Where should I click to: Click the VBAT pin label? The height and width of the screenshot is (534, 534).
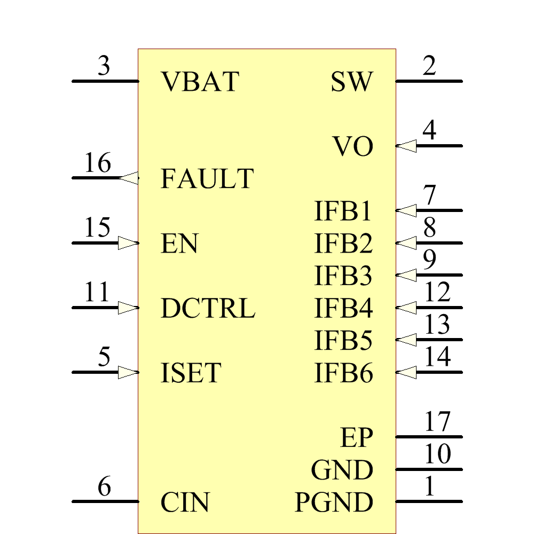pyautogui.click(x=200, y=82)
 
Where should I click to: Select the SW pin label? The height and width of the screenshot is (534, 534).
pyautogui.click(x=351, y=82)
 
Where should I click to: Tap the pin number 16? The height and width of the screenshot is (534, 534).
pyautogui.click(x=98, y=163)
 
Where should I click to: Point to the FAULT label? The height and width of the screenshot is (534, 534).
pyautogui.click(x=207, y=179)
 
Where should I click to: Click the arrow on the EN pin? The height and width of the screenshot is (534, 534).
pyautogui.click(x=128, y=243)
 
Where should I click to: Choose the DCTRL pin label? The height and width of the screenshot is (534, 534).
pyautogui.click(x=208, y=309)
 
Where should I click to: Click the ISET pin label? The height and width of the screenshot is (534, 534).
pyautogui.click(x=191, y=373)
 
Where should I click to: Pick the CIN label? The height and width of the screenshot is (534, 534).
pyautogui.click(x=185, y=502)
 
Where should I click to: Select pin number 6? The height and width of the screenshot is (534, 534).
pyautogui.click(x=104, y=487)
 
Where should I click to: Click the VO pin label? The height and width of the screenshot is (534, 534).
pyautogui.click(x=353, y=147)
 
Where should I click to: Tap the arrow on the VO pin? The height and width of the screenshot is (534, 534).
pyautogui.click(x=406, y=146)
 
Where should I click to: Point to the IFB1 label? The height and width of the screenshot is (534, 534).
pyautogui.click(x=343, y=211)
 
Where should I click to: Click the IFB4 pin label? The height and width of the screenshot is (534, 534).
pyautogui.click(x=343, y=309)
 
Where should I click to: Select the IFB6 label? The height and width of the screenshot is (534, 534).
pyautogui.click(x=343, y=373)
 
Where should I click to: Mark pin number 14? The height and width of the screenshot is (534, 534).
pyautogui.click(x=437, y=357)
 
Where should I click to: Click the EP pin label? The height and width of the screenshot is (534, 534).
pyautogui.click(x=357, y=438)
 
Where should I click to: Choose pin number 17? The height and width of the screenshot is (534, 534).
pyautogui.click(x=437, y=422)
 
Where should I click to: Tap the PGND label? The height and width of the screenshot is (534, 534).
pyautogui.click(x=334, y=502)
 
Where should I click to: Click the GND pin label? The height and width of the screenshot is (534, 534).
pyautogui.click(x=342, y=470)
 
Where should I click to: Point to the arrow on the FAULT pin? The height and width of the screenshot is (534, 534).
pyautogui.click(x=129, y=178)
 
